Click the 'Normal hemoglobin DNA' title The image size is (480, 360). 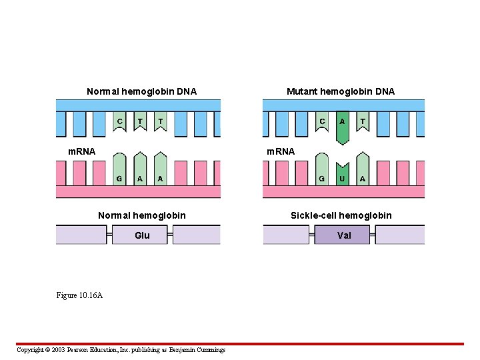(x=141, y=91)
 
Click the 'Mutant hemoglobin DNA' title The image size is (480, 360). (x=340, y=91)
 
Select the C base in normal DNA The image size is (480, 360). (x=119, y=123)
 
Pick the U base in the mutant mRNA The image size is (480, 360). (x=342, y=175)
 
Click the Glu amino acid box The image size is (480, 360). (x=142, y=235)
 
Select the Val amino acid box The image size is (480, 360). (x=343, y=235)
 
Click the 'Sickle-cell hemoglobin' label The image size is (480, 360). (x=341, y=215)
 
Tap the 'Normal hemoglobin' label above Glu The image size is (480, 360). (x=141, y=215)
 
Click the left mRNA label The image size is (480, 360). (x=82, y=151)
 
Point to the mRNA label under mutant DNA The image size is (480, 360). (x=280, y=151)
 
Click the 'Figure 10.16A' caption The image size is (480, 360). (x=79, y=295)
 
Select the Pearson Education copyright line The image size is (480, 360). (x=121, y=350)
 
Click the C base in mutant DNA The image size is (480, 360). (x=322, y=123)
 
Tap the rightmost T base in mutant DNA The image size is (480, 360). (x=362, y=123)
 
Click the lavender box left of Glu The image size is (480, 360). (x=81, y=235)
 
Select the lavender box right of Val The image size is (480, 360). (x=400, y=235)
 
